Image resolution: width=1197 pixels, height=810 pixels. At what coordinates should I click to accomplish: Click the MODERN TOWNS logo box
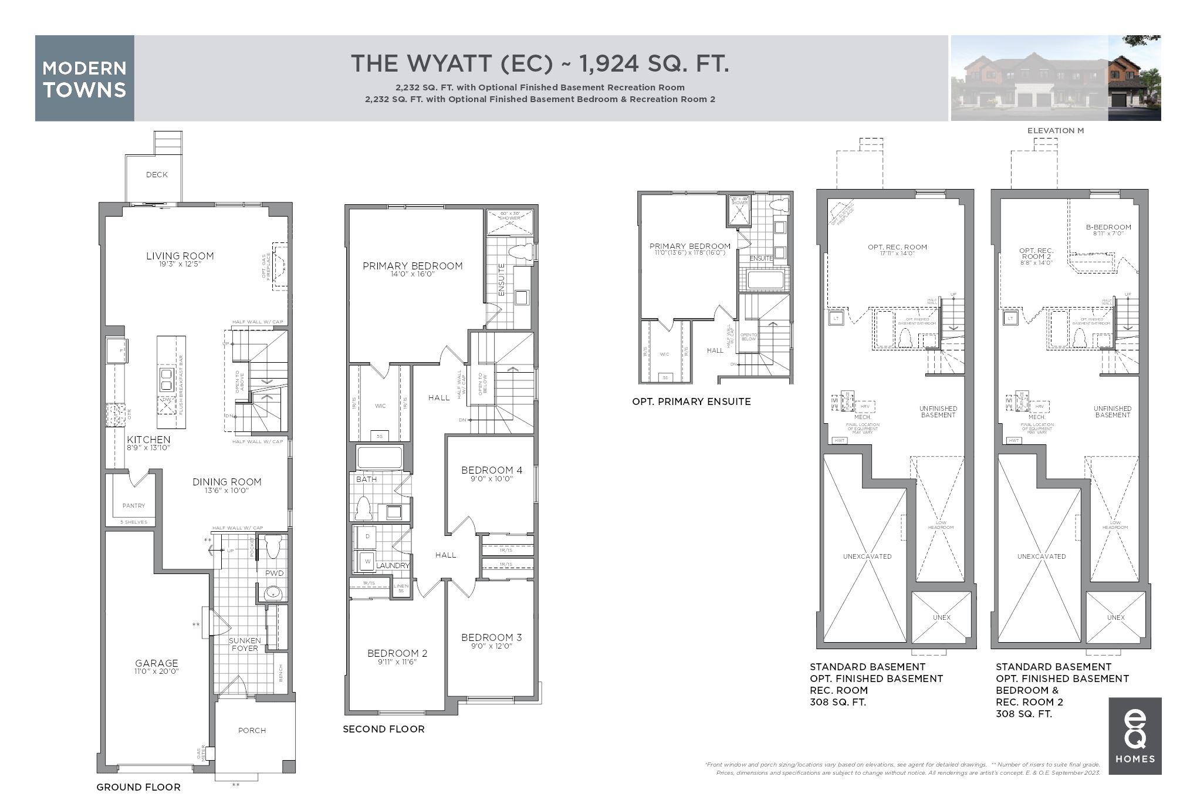84,78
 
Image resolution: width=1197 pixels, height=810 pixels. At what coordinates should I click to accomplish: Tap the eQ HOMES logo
1134,735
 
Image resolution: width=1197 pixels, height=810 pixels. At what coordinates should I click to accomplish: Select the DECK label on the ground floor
157,174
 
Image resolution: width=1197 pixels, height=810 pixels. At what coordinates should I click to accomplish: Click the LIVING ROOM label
180,256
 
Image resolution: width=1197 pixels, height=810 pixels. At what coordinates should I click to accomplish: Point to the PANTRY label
134,505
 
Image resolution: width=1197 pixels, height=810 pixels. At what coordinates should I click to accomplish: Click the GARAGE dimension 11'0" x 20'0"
156,671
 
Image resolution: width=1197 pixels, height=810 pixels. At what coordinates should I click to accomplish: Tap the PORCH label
252,730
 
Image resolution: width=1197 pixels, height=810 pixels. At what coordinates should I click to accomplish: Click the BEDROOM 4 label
491,470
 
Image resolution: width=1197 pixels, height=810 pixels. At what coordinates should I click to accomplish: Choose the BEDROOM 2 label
397,653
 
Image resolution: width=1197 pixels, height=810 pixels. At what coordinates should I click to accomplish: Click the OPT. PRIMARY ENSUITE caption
691,401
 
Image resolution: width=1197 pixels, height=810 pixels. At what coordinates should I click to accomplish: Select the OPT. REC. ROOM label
897,247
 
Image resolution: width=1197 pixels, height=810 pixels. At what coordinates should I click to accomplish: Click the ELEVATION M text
1055,130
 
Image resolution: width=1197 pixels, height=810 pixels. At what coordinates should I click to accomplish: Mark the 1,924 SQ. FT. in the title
654,63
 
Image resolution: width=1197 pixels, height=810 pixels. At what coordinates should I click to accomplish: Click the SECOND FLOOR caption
383,729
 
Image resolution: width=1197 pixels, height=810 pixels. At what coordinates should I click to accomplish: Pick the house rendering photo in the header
1055,78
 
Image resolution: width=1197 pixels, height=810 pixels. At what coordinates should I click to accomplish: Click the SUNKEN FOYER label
244,644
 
